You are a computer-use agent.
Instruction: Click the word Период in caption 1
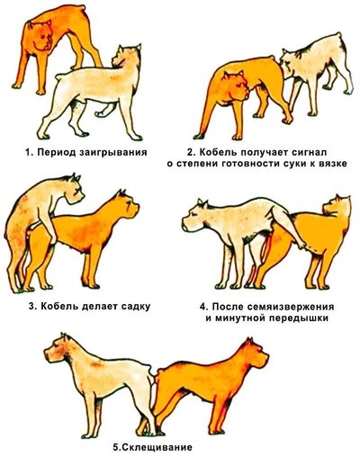coord(57,152)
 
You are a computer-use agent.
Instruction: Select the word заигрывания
coord(113,153)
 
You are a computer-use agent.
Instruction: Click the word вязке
coord(332,164)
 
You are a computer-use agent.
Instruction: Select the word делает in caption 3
coord(100,307)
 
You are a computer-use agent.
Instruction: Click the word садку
coord(136,307)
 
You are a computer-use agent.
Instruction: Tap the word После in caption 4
coord(229,307)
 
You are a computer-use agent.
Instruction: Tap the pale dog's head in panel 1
coord(125,58)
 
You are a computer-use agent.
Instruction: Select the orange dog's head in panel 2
coord(236,85)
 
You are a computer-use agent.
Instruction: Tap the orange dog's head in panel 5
coord(254,354)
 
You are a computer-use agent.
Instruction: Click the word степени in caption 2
coord(192,164)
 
